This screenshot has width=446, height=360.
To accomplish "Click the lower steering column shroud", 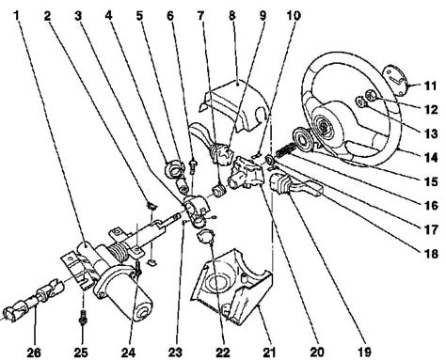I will click(x=227, y=296).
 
